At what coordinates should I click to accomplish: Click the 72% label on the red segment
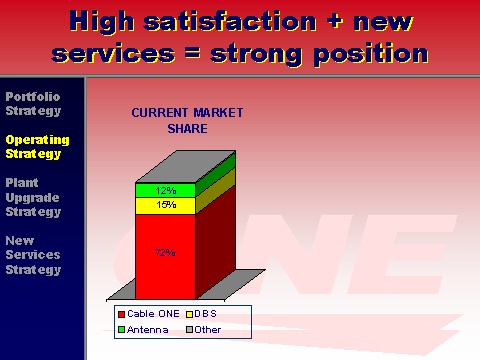[x=165, y=253]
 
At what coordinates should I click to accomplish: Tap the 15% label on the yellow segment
[x=166, y=204]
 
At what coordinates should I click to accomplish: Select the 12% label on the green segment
[x=166, y=190]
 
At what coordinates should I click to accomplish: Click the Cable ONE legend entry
[x=149, y=314]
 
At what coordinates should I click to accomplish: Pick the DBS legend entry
[x=201, y=314]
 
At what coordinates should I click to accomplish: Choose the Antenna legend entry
[x=143, y=330]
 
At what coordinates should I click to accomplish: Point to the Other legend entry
[x=204, y=330]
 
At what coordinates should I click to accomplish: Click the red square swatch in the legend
[x=122, y=314]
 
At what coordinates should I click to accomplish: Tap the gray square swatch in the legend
[x=189, y=330]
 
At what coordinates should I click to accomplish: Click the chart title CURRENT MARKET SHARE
[x=187, y=121]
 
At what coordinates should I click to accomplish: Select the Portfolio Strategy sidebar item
[x=33, y=104]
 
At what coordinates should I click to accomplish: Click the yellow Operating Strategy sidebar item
[x=37, y=147]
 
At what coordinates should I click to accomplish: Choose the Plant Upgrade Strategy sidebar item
[x=33, y=197]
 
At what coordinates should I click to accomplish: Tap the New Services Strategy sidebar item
[x=33, y=255]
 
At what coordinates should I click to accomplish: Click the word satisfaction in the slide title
[x=230, y=21]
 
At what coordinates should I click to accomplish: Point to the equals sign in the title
[x=193, y=53]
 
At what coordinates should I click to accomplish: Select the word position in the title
[x=371, y=54]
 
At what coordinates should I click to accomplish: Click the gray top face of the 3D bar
[x=185, y=166]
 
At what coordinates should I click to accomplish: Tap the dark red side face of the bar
[x=215, y=243]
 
